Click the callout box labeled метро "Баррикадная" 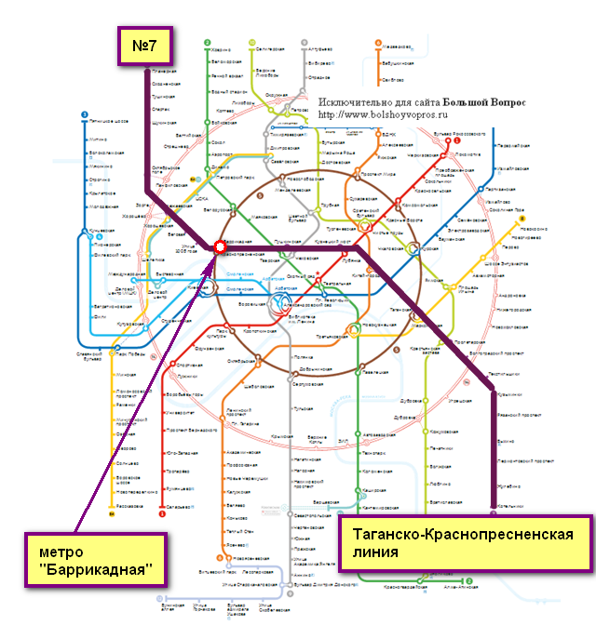point(91,555)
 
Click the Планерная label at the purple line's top point(164,72)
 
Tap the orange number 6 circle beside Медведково point(377,43)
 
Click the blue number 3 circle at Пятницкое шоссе point(85,116)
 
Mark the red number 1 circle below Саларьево point(162,512)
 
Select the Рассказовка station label point(129,506)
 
